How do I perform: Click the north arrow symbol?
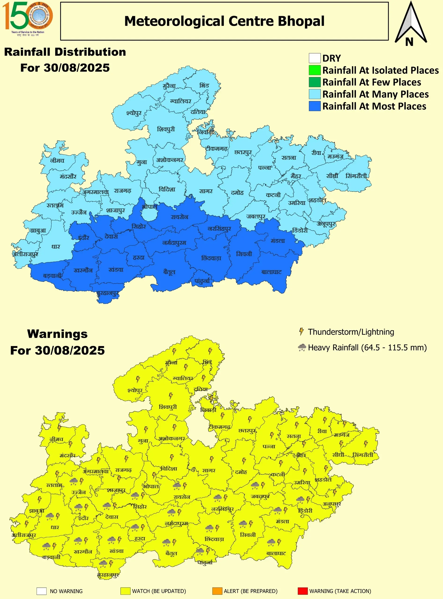[x=410, y=24]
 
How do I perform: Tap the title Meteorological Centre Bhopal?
[x=224, y=21]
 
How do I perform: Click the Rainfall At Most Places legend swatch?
[x=314, y=106]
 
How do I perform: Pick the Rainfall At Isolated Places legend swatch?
[x=314, y=70]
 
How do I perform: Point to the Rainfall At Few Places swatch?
[x=314, y=82]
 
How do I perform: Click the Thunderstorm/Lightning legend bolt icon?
[x=301, y=332]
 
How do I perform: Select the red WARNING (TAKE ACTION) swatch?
[x=303, y=591]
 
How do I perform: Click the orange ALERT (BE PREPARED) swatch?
[x=217, y=591]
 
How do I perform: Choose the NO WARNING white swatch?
[x=42, y=591]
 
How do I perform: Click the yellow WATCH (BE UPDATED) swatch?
[x=125, y=591]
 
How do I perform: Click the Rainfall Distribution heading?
[x=65, y=52]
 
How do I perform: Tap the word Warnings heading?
[x=57, y=334]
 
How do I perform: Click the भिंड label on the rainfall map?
[x=204, y=85]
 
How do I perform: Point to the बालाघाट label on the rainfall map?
[x=272, y=272]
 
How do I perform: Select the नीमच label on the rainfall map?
[x=57, y=161]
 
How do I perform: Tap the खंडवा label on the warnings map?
[x=117, y=551]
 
